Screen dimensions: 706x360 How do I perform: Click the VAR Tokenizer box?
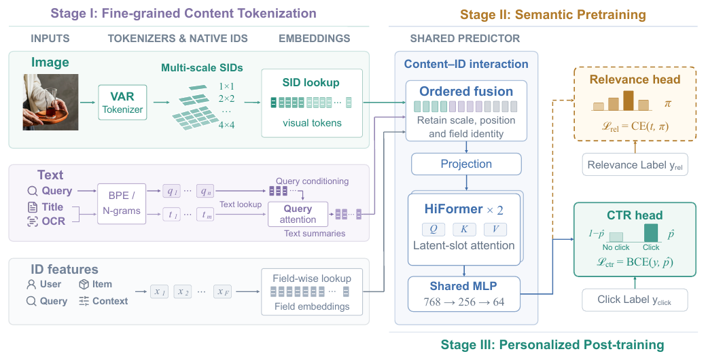coord(122,102)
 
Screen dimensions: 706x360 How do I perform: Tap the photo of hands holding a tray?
coord(50,102)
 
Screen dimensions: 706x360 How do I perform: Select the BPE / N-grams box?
coord(122,203)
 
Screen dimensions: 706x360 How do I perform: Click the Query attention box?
coord(298,214)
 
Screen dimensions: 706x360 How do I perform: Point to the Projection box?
coord(466,164)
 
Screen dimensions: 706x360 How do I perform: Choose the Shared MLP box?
coord(464,294)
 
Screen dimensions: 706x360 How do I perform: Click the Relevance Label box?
coord(635,164)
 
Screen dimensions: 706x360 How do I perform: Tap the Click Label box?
coord(635,300)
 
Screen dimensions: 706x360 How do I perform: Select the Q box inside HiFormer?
coord(434,229)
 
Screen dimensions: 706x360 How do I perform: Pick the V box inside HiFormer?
coord(495,229)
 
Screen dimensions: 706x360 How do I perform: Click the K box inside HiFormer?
coord(464,229)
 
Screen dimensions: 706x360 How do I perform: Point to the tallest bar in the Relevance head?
coord(628,101)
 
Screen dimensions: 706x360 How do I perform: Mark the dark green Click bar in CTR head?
coord(650,233)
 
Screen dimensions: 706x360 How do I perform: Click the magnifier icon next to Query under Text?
coord(33,191)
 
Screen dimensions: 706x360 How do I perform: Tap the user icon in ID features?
coord(31,285)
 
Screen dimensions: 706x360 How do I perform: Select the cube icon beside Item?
coord(84,285)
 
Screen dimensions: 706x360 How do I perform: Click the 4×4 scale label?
coord(226,125)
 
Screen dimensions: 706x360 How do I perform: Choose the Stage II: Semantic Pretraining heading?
coord(553,15)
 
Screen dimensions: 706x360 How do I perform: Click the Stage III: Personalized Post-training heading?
coord(552,345)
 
